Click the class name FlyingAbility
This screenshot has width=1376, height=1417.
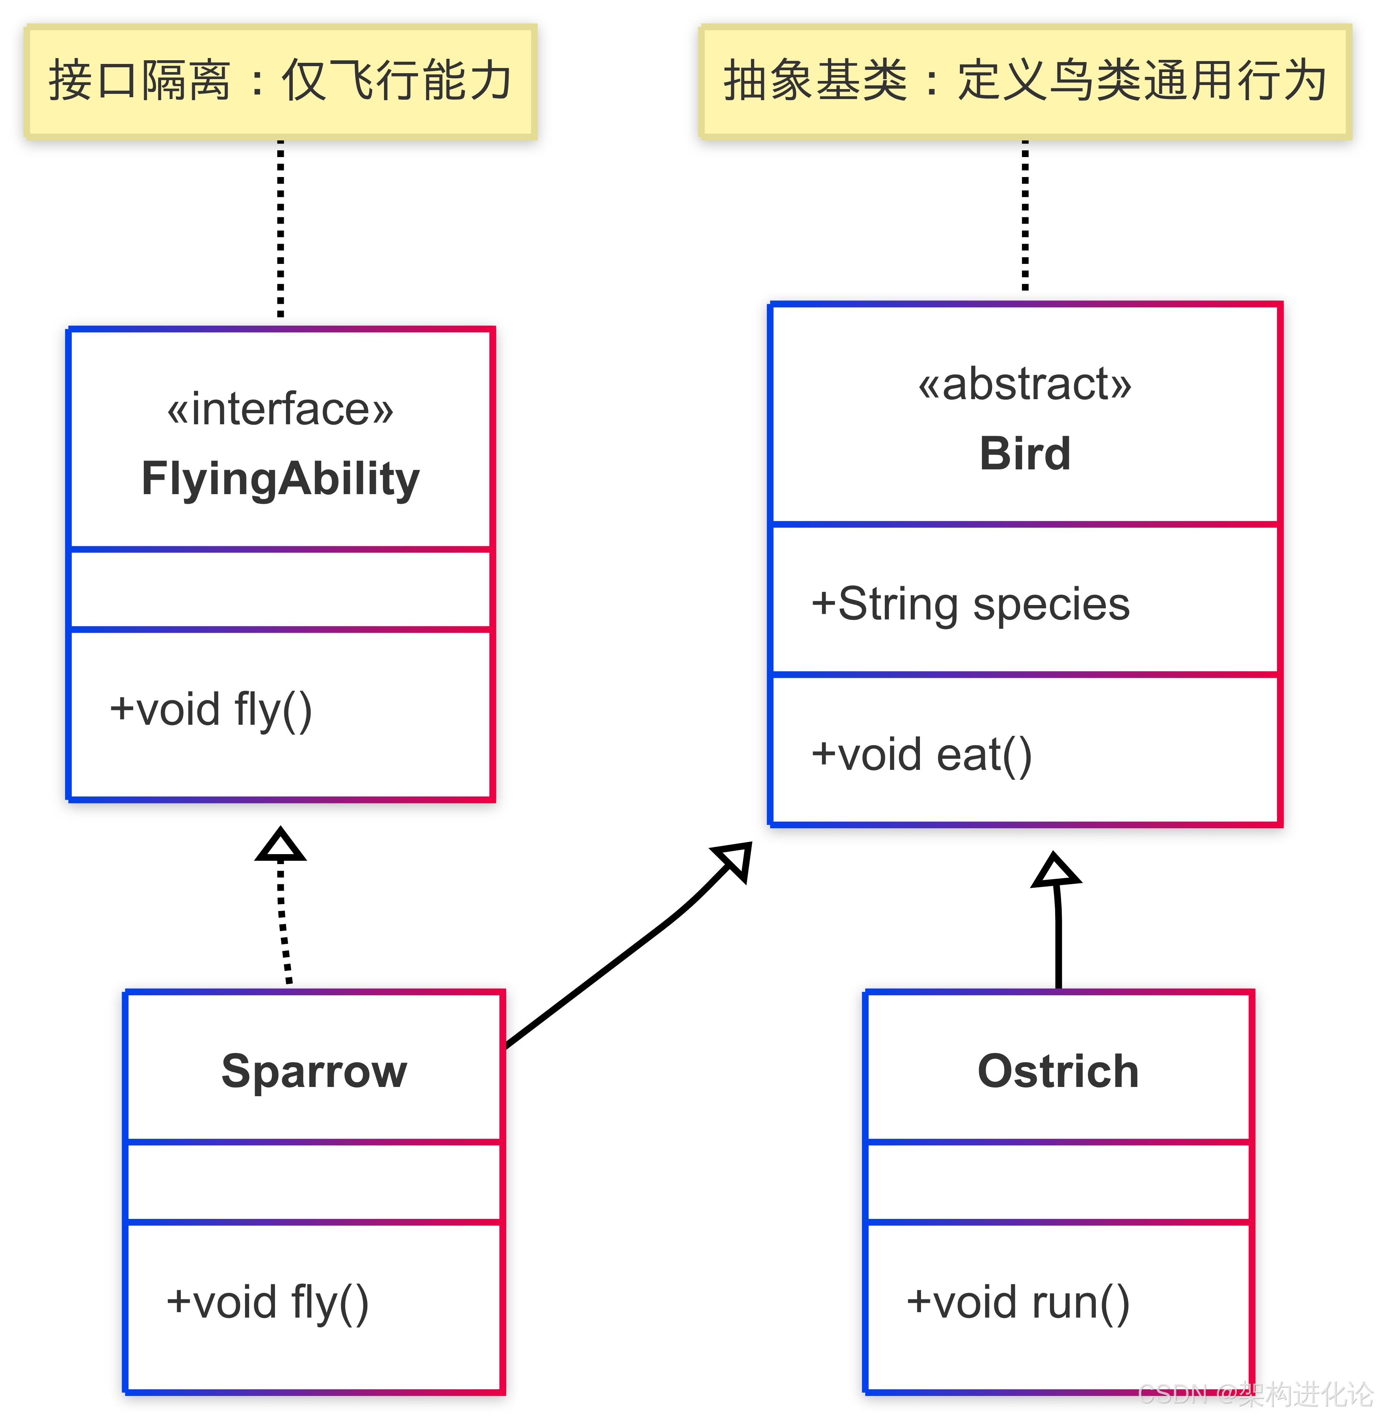coord(281,479)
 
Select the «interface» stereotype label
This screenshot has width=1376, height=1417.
coord(281,409)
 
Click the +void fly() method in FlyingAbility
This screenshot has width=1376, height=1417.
coord(210,709)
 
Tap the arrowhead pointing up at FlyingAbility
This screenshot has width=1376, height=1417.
coord(281,846)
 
